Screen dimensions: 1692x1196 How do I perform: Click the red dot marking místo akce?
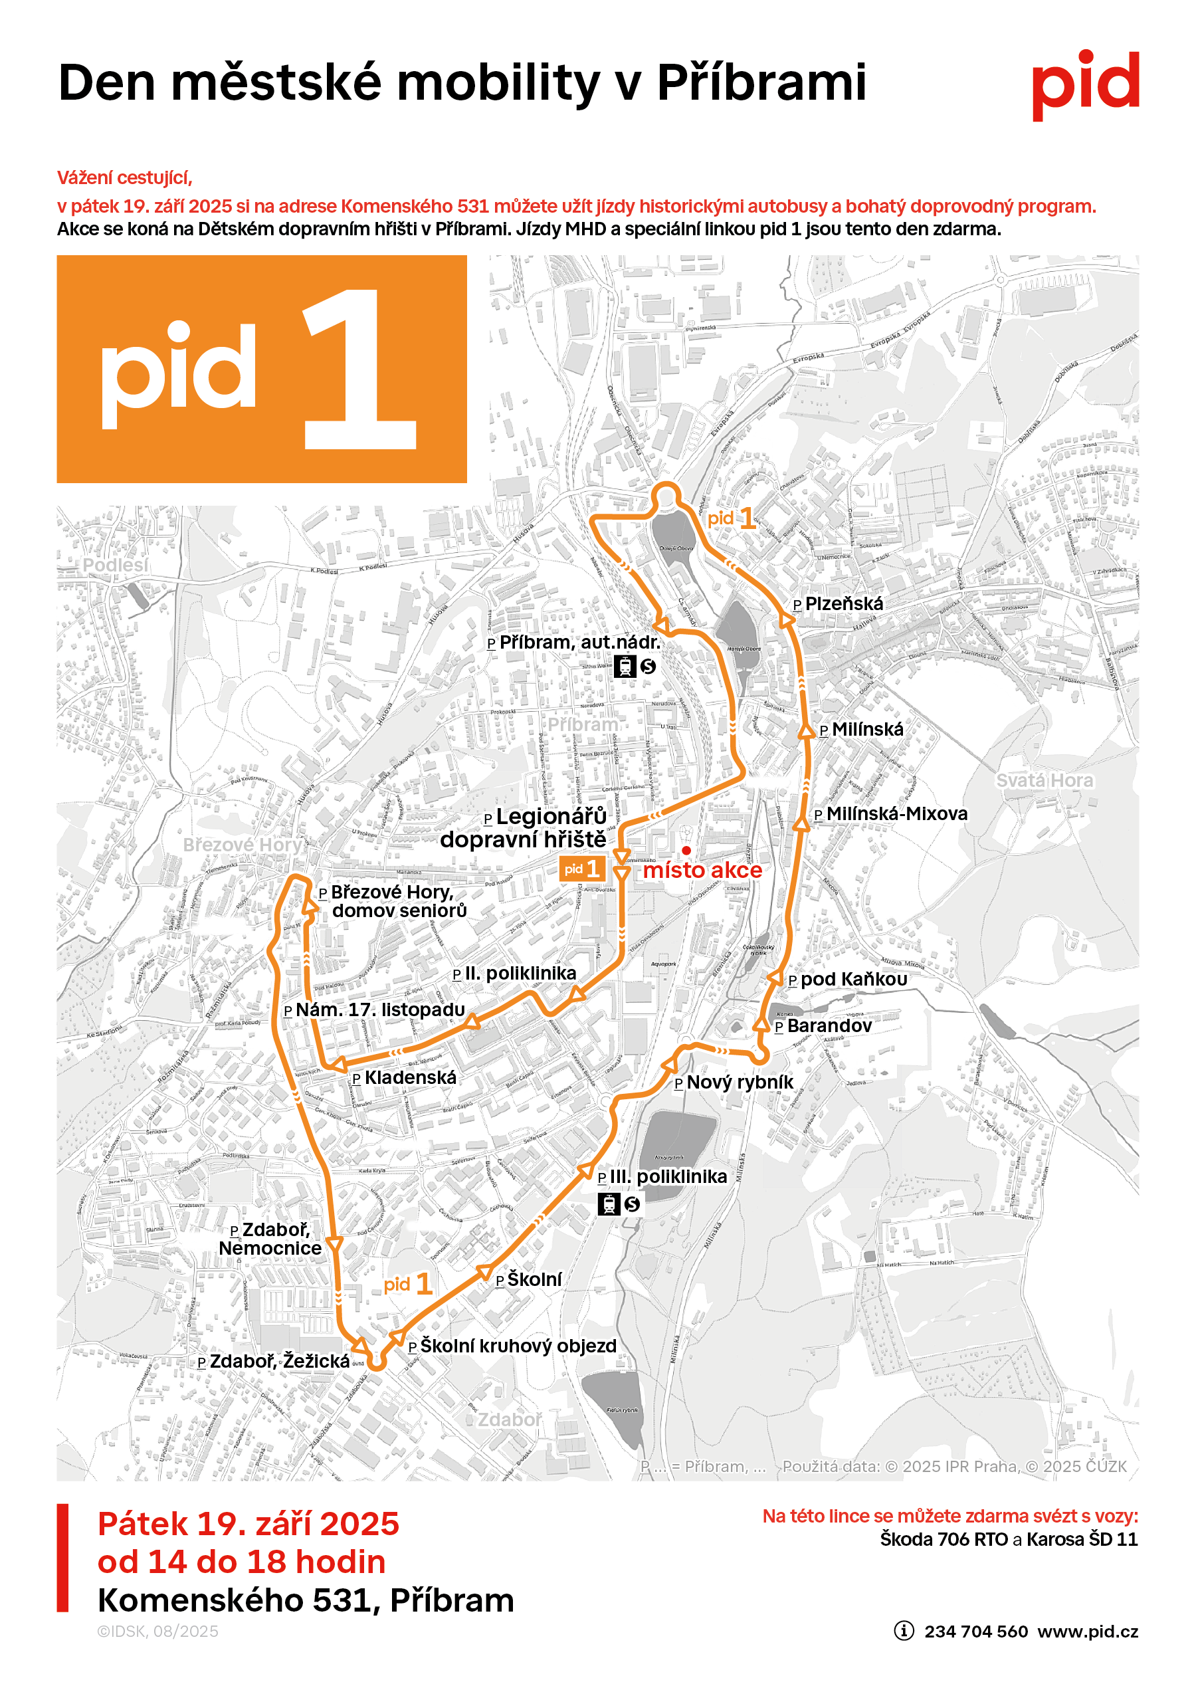tap(686, 851)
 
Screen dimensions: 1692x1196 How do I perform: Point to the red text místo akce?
tap(702, 871)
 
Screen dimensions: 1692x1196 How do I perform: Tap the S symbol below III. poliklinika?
tap(631, 1204)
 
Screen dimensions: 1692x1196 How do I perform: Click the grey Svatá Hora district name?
tap(1045, 780)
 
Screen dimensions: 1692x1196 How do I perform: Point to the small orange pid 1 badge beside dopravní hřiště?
tap(581, 869)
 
